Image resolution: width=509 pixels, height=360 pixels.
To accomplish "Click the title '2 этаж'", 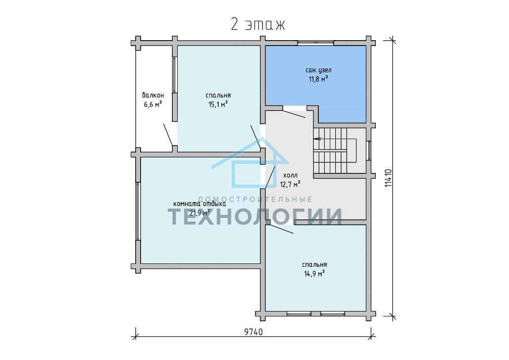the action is click(258, 24).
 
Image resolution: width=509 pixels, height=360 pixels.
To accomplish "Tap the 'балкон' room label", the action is click(153, 96).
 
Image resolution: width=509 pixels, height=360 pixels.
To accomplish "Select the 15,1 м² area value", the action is click(218, 104).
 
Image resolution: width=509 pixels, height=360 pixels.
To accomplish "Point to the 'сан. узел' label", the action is click(318, 70).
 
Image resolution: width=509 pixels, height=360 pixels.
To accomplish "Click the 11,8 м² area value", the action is click(318, 79).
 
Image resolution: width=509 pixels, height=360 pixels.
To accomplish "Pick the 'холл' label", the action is click(290, 176).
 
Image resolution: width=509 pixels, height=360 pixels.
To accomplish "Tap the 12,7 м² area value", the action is click(290, 184).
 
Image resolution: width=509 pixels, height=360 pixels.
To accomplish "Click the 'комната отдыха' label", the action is click(200, 204).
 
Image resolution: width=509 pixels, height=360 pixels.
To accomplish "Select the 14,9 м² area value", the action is click(314, 274).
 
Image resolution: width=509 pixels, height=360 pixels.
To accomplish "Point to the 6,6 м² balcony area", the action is click(153, 104).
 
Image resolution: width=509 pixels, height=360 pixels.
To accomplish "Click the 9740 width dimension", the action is click(253, 332).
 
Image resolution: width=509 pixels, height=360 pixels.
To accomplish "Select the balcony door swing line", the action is click(168, 135).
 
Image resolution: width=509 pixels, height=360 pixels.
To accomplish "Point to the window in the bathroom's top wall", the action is click(316, 42).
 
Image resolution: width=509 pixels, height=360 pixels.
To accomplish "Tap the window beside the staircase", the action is click(369, 151).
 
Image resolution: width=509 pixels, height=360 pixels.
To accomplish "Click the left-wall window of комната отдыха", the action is click(138, 211).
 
